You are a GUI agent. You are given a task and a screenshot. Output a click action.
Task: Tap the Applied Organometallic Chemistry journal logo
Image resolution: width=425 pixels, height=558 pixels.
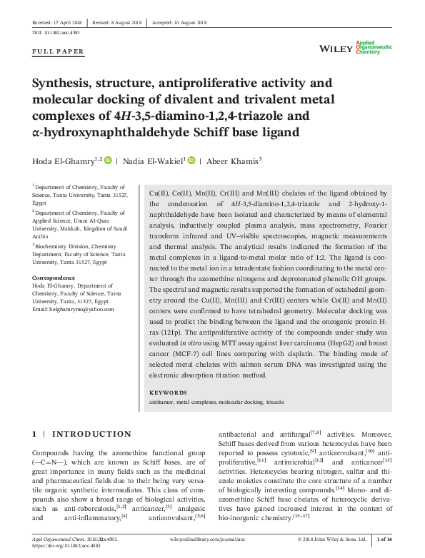point(374,47)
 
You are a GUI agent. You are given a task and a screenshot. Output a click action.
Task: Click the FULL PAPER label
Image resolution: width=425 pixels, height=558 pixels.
point(59,52)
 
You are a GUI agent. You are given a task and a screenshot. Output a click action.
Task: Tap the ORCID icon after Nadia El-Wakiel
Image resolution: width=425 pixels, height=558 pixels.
point(191,161)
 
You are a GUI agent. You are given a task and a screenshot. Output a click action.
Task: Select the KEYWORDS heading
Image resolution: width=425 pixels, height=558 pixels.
point(168,392)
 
